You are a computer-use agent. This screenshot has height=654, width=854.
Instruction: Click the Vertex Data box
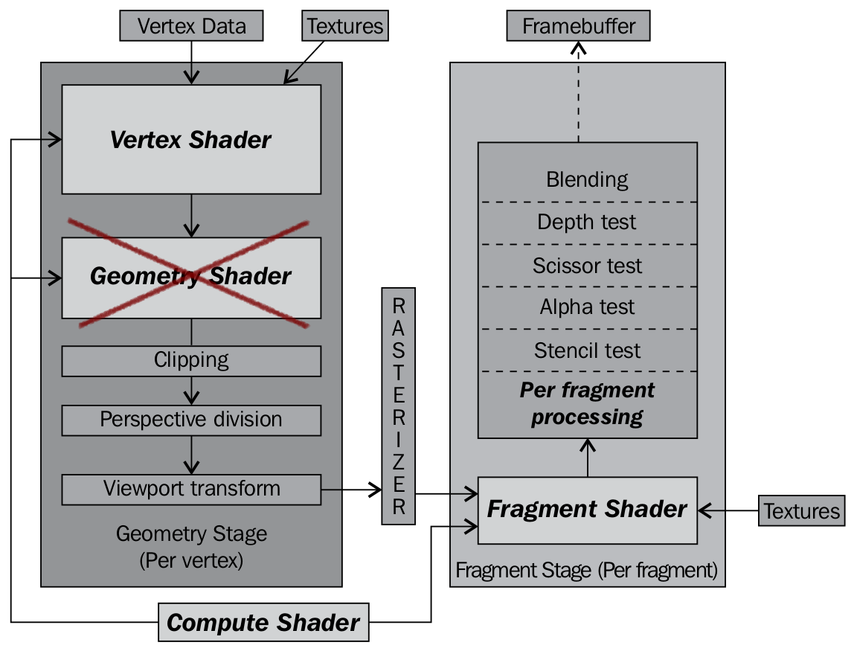click(191, 27)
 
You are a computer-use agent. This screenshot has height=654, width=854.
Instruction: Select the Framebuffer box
click(579, 27)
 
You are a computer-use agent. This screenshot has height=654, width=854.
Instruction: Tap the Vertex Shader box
click(191, 139)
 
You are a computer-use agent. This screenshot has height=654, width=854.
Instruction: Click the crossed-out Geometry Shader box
click(191, 277)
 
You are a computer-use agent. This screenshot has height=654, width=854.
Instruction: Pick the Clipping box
click(191, 361)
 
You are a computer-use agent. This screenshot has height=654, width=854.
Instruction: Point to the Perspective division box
click(191, 420)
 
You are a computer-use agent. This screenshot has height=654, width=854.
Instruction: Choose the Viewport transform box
click(191, 489)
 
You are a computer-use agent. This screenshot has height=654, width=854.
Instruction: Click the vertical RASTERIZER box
click(399, 405)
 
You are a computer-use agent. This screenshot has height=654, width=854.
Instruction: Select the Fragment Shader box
click(587, 510)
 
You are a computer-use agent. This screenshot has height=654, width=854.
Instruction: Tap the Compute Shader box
click(263, 623)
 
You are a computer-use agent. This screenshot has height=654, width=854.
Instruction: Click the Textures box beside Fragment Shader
click(802, 511)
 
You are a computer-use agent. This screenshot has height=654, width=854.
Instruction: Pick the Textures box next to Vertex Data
click(345, 27)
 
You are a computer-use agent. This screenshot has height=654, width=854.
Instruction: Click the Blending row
click(587, 179)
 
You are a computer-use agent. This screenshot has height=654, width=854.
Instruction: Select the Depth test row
click(587, 222)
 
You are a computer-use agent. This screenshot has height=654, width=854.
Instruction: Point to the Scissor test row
click(587, 266)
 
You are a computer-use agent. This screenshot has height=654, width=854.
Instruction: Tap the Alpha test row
click(587, 307)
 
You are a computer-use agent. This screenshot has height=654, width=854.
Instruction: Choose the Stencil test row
click(587, 350)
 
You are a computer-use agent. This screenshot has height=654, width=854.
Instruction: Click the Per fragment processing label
click(587, 403)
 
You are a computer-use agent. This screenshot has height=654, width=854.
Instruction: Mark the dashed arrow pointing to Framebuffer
click(579, 93)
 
